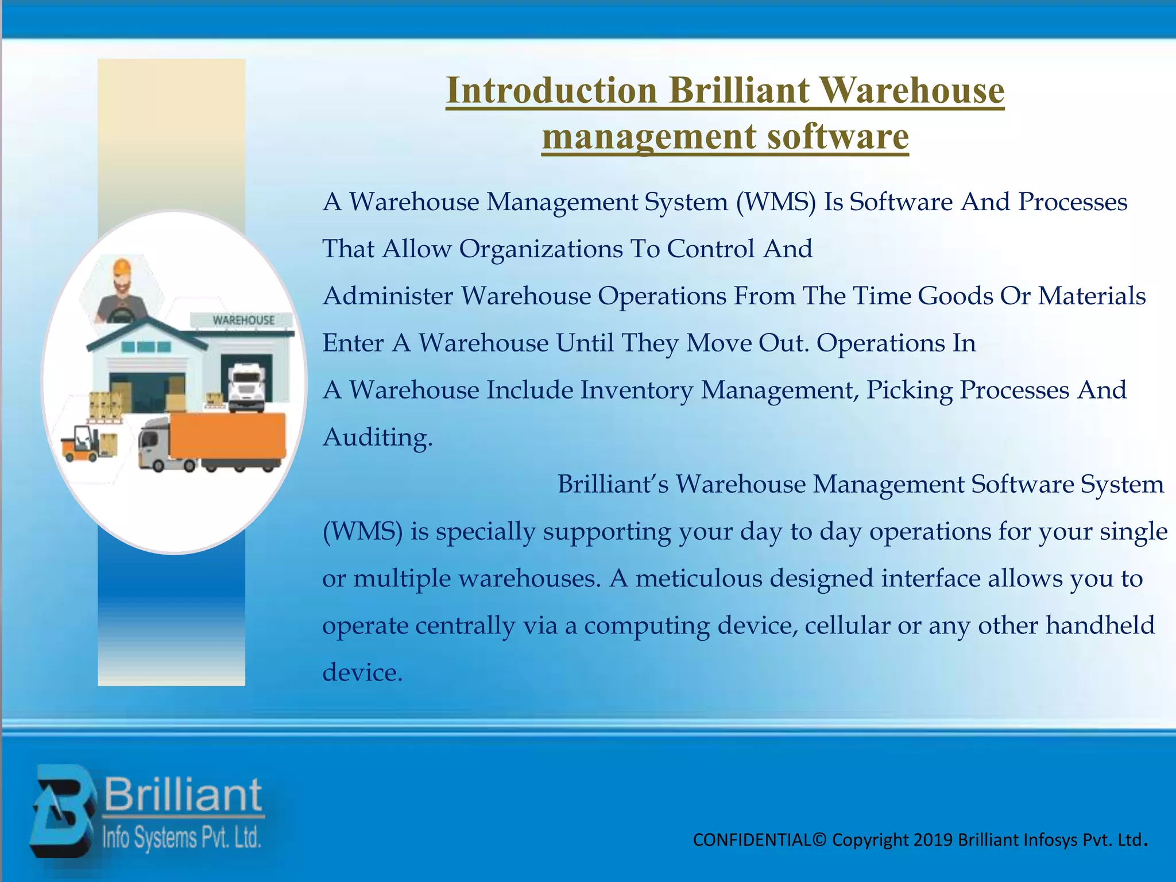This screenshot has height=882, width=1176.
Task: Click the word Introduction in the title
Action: [551, 91]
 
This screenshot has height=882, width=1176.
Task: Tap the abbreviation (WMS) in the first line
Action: [776, 202]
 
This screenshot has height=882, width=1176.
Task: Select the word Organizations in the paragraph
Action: [541, 249]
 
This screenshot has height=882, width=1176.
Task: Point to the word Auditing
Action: [377, 438]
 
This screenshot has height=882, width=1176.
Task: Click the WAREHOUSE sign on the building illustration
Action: [243, 320]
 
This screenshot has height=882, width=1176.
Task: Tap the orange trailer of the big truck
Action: [228, 436]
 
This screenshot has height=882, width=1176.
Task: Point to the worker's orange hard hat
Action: [122, 267]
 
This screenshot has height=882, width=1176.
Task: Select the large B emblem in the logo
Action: [62, 811]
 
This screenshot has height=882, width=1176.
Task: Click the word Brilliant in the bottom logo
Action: [183, 795]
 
